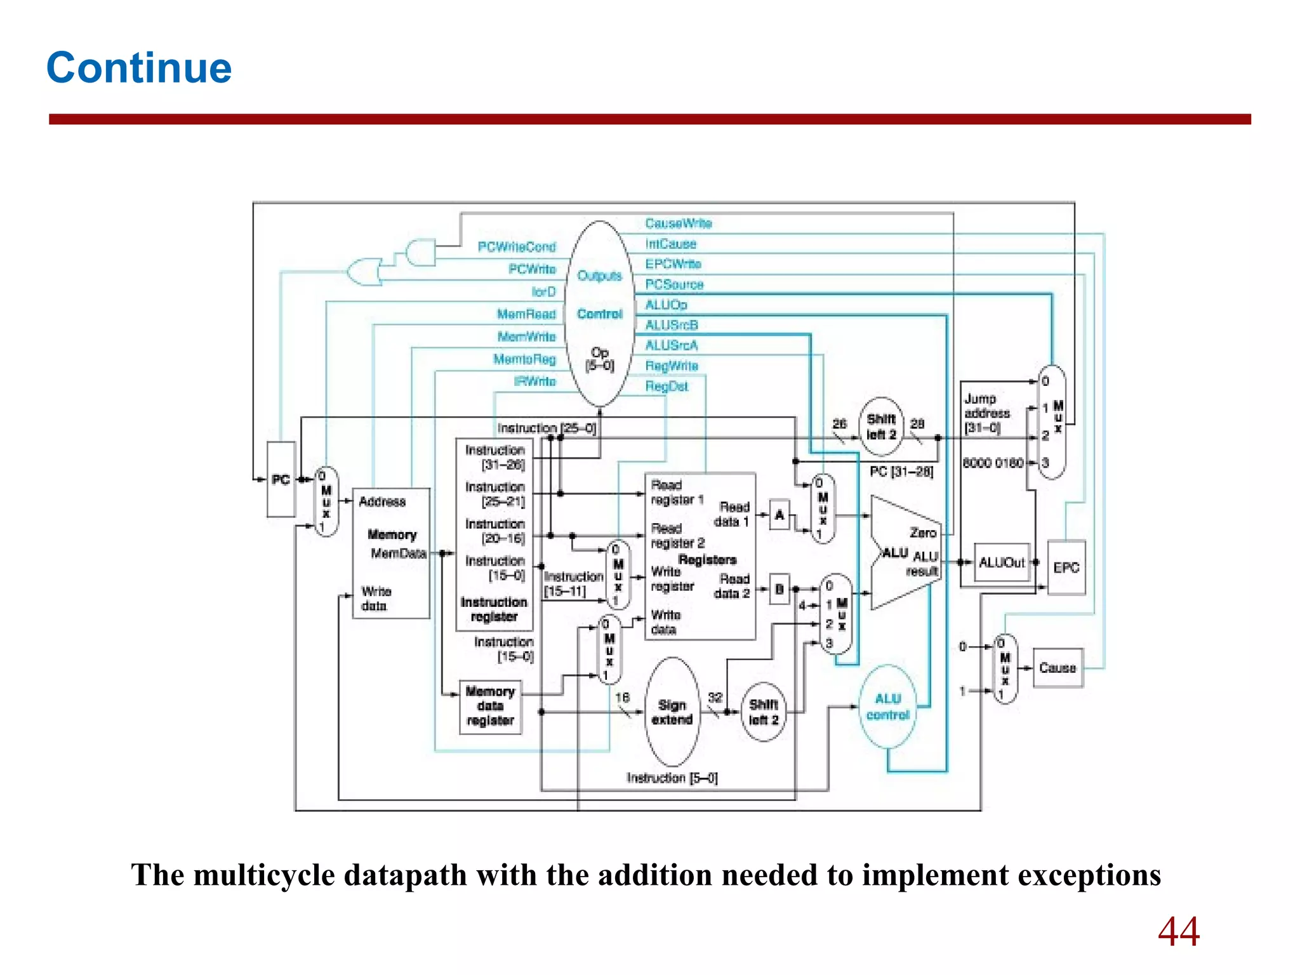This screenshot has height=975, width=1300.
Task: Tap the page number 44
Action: tap(1178, 932)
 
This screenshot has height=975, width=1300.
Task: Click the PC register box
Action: tap(281, 479)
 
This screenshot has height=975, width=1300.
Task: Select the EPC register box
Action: tap(1066, 567)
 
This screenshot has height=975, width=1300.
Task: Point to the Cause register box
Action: tap(1058, 668)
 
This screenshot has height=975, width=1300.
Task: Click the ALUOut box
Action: tap(1001, 562)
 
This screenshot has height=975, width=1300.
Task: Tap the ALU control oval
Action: tap(887, 706)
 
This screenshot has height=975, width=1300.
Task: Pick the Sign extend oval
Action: tap(672, 712)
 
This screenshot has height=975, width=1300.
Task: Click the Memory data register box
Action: tap(490, 706)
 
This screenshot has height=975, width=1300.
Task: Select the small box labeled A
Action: tap(779, 515)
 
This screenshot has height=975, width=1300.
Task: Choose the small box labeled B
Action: tap(779, 590)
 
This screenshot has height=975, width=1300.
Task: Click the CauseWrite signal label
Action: tap(678, 223)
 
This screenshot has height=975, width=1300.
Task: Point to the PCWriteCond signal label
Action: tap(517, 247)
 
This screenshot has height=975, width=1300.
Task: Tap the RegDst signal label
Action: tap(667, 387)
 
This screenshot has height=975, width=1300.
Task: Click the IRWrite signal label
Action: tap(534, 381)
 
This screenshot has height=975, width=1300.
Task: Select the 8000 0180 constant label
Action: tap(992, 463)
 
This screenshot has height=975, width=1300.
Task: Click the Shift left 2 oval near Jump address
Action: tap(881, 427)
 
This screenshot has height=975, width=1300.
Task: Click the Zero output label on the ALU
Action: tap(922, 533)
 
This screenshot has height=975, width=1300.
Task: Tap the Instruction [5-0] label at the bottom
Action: tap(672, 778)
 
